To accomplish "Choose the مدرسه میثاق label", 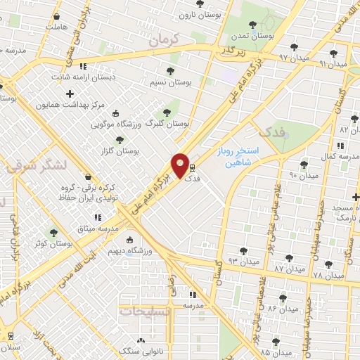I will coord(98,229).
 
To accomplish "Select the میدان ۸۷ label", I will coord(290,269).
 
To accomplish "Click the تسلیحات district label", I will coord(145,311).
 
